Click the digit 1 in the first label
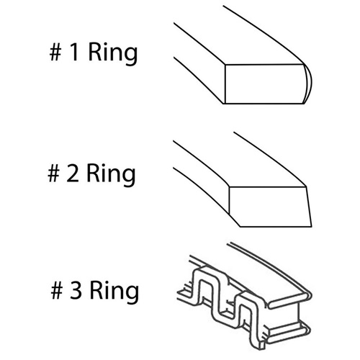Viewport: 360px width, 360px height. (x=74, y=52)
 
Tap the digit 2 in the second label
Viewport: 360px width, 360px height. (x=73, y=173)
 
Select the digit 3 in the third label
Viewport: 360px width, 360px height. (x=76, y=290)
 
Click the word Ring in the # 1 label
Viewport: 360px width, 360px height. (x=113, y=54)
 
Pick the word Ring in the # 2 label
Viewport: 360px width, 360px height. (x=111, y=175)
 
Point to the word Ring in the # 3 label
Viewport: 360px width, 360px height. (x=114, y=292)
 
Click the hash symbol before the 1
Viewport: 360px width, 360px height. (x=55, y=52)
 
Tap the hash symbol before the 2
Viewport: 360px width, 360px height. (x=53, y=173)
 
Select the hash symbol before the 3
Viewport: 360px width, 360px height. (x=57, y=290)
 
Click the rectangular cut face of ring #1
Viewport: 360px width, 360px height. (x=264, y=84)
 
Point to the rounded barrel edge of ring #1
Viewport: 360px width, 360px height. (x=308, y=84)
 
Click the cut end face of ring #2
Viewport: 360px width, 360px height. (x=270, y=207)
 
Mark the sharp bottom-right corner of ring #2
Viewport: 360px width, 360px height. (x=312, y=226)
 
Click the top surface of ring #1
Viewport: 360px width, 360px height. (x=240, y=38)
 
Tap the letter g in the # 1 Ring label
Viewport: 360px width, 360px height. (x=131, y=57)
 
